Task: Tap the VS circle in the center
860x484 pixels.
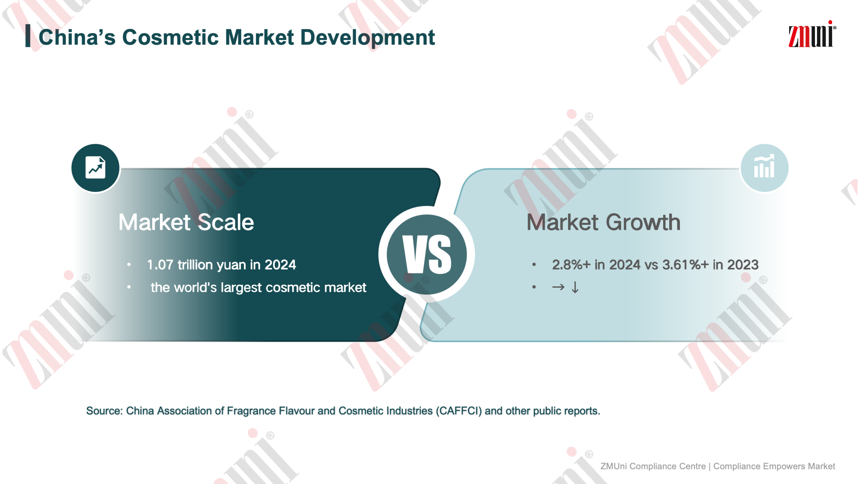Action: point(427,255)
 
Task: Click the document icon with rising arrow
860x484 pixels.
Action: point(96,168)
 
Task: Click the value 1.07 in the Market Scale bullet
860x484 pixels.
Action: point(160,265)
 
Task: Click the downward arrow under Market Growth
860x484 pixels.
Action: point(575,287)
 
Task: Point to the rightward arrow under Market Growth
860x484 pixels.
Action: point(558,287)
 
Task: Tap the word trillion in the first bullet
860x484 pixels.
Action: point(195,265)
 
